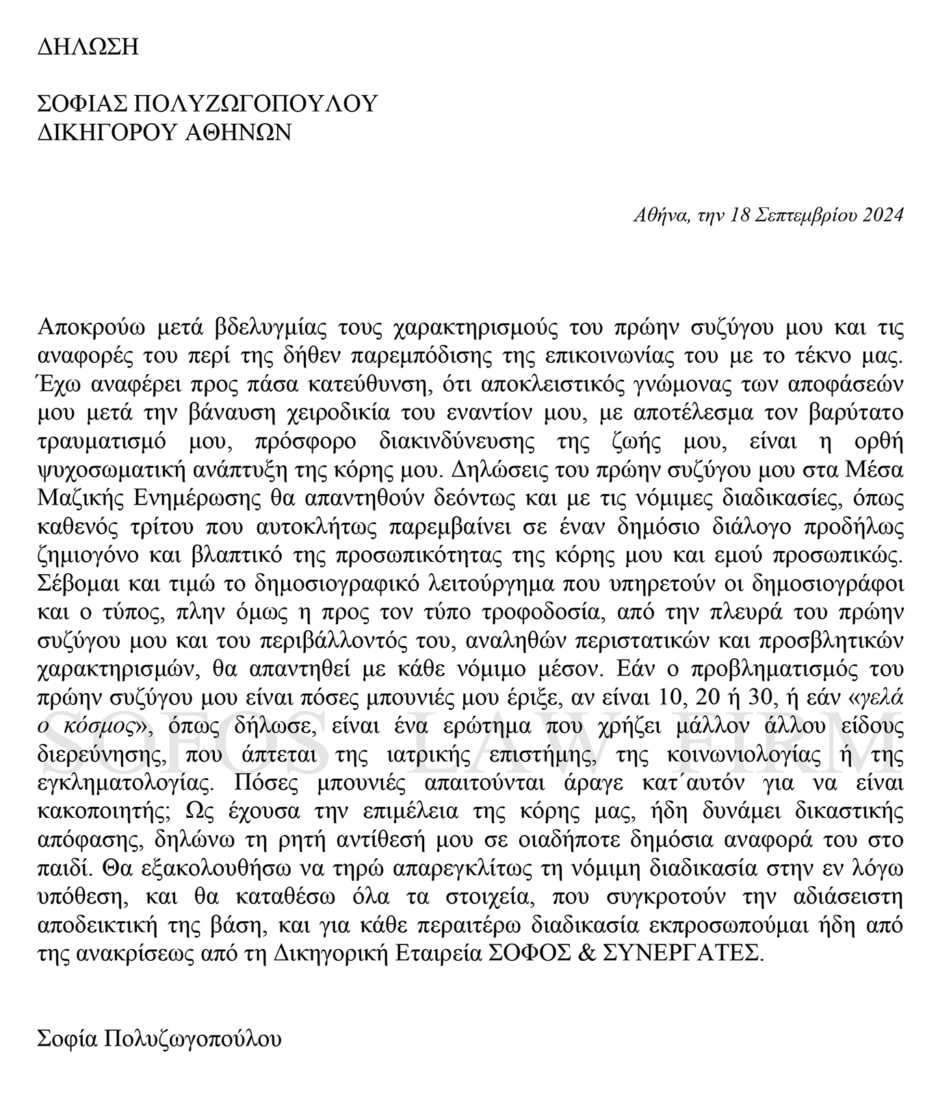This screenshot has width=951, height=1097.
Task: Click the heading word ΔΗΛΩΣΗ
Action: click(88, 47)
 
